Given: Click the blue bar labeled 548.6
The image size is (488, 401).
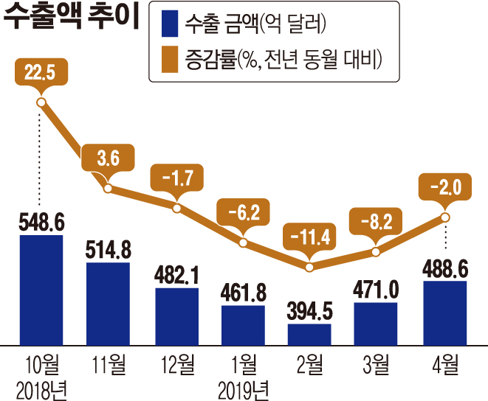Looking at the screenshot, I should [41, 290].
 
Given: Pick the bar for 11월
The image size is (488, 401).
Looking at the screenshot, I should [108, 302].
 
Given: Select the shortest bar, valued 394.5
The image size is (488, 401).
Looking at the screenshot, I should [309, 334].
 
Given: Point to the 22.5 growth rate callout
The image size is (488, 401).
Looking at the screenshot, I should [41, 72].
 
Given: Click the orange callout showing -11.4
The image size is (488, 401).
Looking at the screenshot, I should [309, 237].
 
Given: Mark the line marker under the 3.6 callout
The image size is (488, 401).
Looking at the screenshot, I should [109, 189].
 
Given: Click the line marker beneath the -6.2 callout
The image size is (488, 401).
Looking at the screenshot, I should [243, 241].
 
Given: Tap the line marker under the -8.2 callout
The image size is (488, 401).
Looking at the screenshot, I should [377, 251].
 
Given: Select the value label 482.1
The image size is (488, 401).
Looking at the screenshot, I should [176, 275].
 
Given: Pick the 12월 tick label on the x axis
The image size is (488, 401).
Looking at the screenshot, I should [176, 364].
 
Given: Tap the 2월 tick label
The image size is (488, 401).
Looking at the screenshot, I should [309, 364].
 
